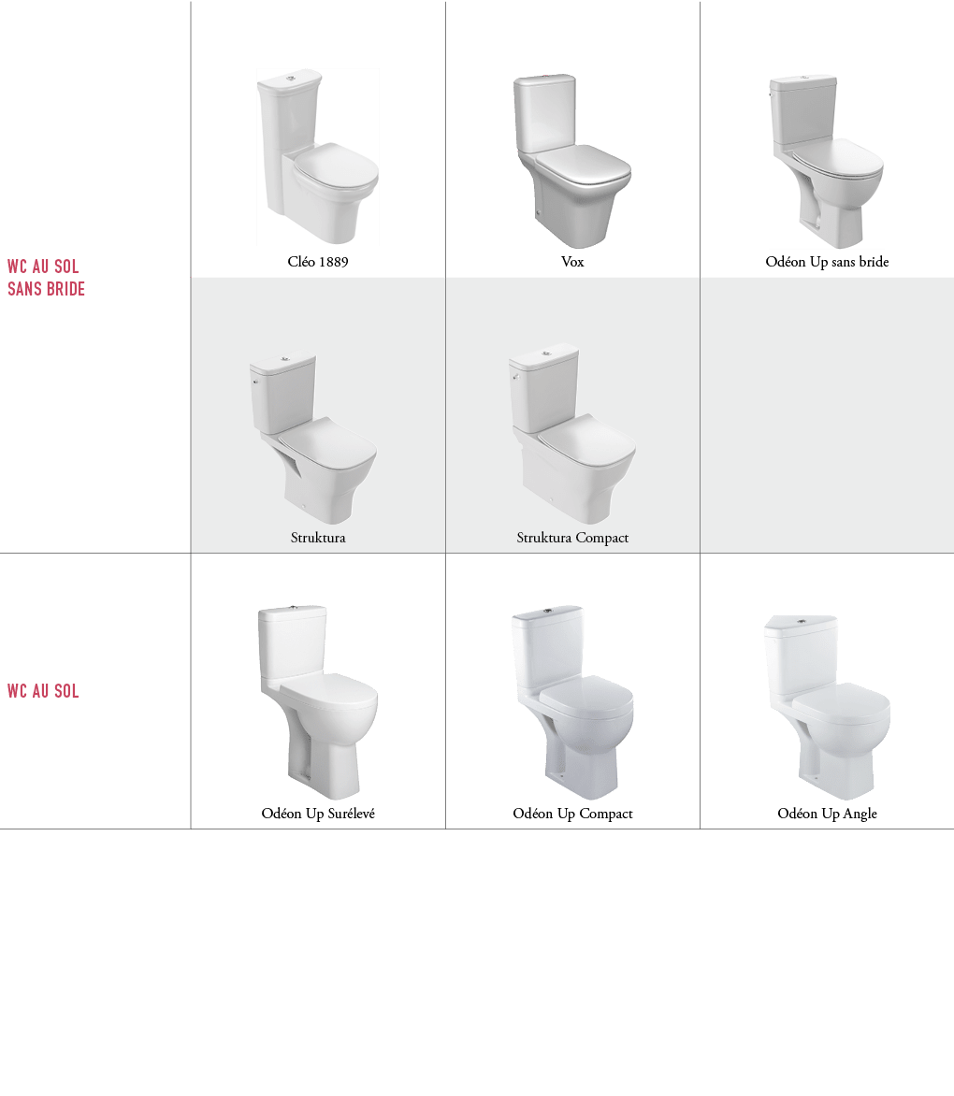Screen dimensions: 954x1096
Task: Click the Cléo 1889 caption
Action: (318, 262)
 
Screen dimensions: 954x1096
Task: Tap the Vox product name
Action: (572, 262)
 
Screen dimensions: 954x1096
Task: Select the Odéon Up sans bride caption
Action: (827, 262)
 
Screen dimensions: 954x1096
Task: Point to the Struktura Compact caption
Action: (572, 538)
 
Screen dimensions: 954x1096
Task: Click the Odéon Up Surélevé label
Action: (318, 813)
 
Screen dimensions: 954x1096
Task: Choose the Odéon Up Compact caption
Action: (572, 814)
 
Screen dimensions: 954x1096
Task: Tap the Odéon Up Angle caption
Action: (827, 814)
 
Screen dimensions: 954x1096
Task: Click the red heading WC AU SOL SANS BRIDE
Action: (46, 278)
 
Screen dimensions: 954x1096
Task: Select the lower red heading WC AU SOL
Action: (43, 691)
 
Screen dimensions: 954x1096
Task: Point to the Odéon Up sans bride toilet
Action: (826, 161)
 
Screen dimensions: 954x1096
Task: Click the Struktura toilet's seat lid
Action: (327, 440)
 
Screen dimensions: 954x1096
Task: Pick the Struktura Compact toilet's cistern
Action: (545, 389)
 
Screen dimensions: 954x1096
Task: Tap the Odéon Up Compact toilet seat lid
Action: (587, 695)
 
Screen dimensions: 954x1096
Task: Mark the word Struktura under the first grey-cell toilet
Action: (318, 538)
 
